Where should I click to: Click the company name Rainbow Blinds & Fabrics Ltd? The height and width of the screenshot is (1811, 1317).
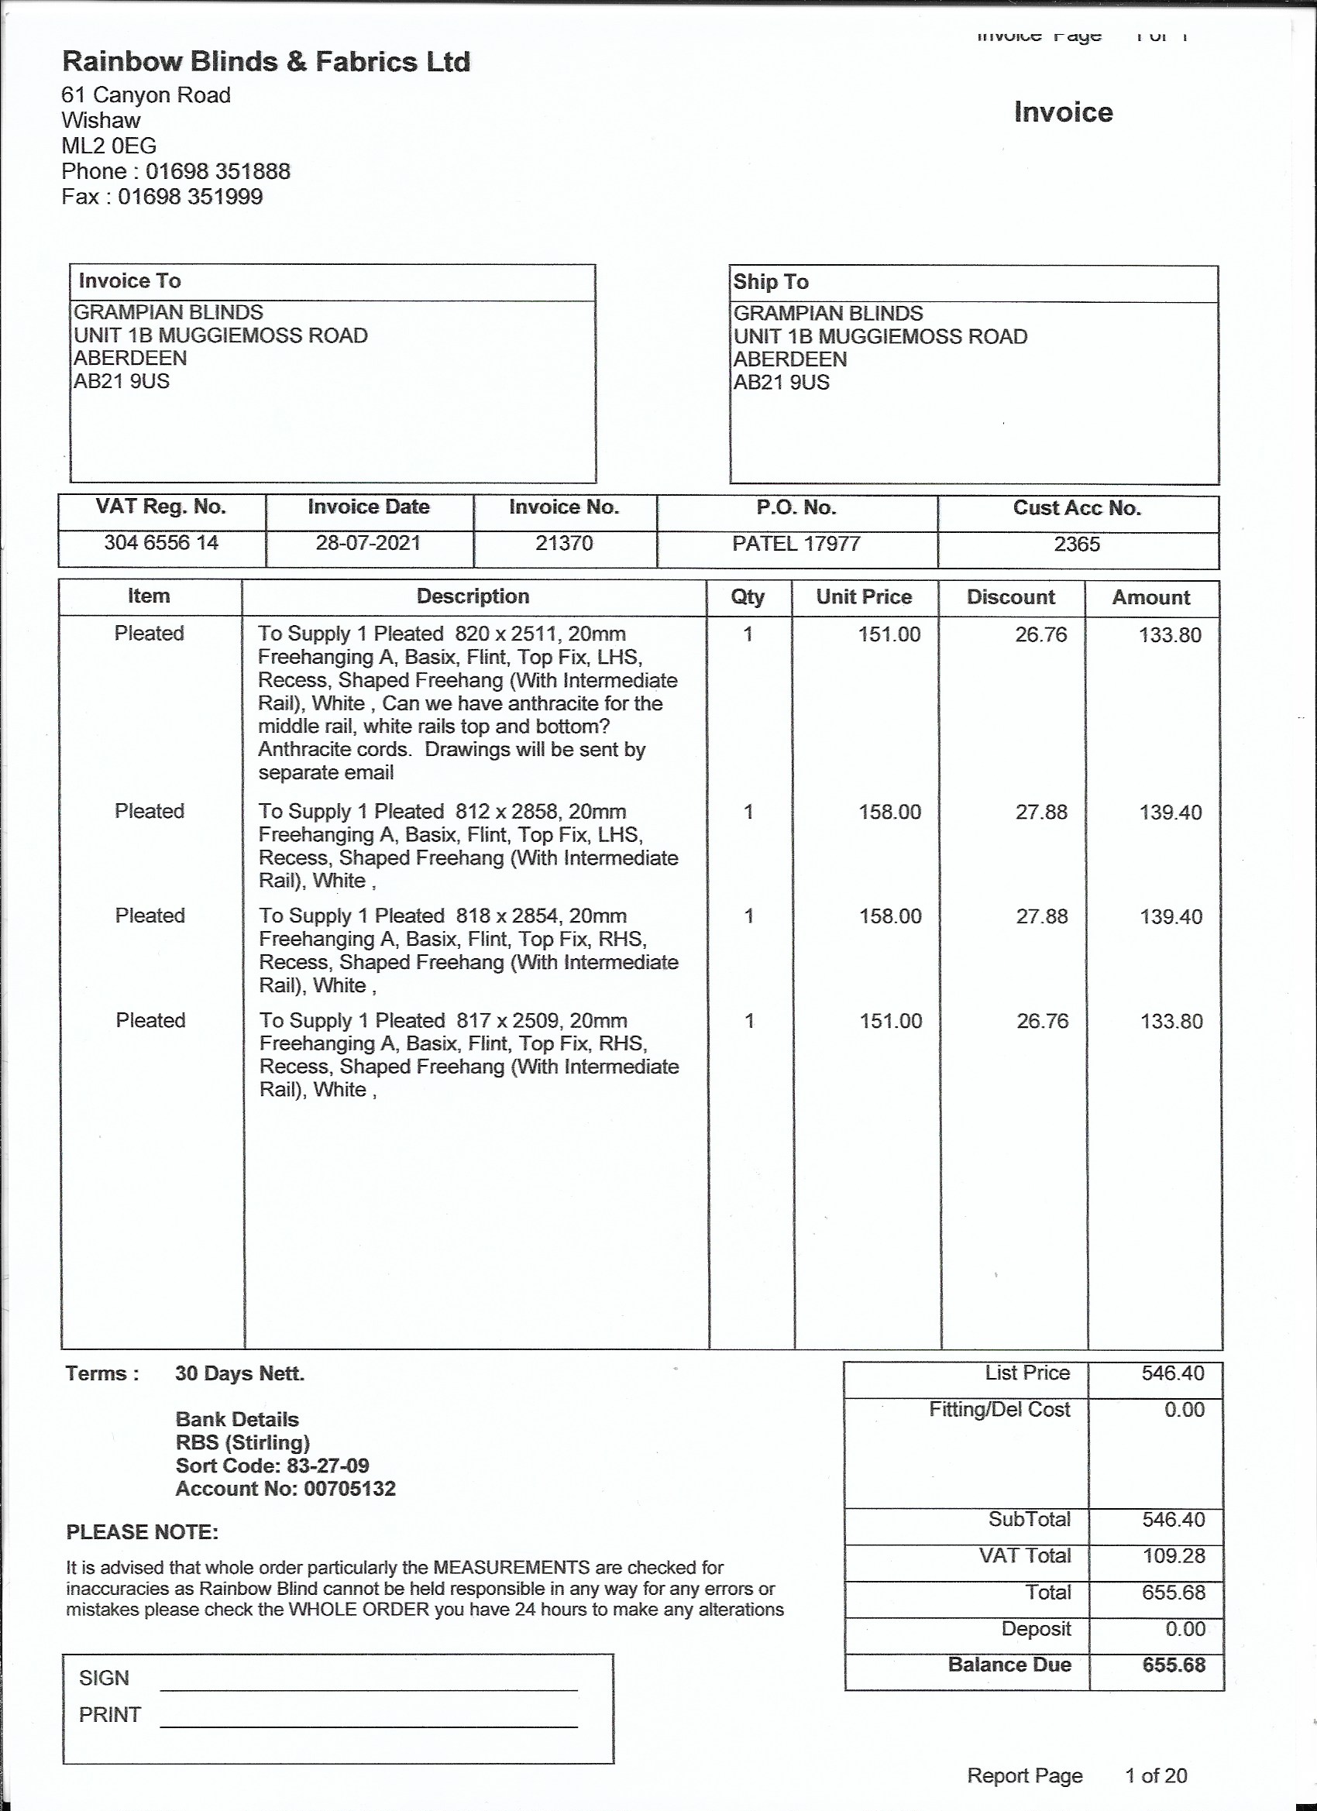tap(266, 61)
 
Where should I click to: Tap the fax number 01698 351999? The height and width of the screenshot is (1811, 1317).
tap(190, 197)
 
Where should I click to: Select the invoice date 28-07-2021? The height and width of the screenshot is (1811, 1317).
tap(368, 543)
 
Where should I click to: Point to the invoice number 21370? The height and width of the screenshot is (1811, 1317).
tap(564, 544)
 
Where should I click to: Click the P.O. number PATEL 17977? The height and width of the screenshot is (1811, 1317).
tap(796, 544)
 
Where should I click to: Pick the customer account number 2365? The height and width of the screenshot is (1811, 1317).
tap(1077, 545)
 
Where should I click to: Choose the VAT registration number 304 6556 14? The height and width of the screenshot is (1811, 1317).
tap(161, 543)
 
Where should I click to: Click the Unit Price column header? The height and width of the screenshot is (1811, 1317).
tap(863, 596)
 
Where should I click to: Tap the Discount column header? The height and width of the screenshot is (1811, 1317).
tap(1010, 597)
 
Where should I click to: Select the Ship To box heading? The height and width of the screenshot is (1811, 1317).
tap(772, 282)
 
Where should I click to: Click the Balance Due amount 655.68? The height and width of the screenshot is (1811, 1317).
tap(1173, 1665)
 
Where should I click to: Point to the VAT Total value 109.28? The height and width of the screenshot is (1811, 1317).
tap(1173, 1555)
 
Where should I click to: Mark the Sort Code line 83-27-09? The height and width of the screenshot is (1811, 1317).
tap(273, 1466)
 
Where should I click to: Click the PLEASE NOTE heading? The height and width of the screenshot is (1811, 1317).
tap(143, 1532)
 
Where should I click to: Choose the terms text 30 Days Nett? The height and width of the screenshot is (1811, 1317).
tap(239, 1373)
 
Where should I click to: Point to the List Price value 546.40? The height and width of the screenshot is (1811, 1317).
tap(1172, 1373)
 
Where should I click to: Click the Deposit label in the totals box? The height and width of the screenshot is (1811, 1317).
tap(1036, 1628)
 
